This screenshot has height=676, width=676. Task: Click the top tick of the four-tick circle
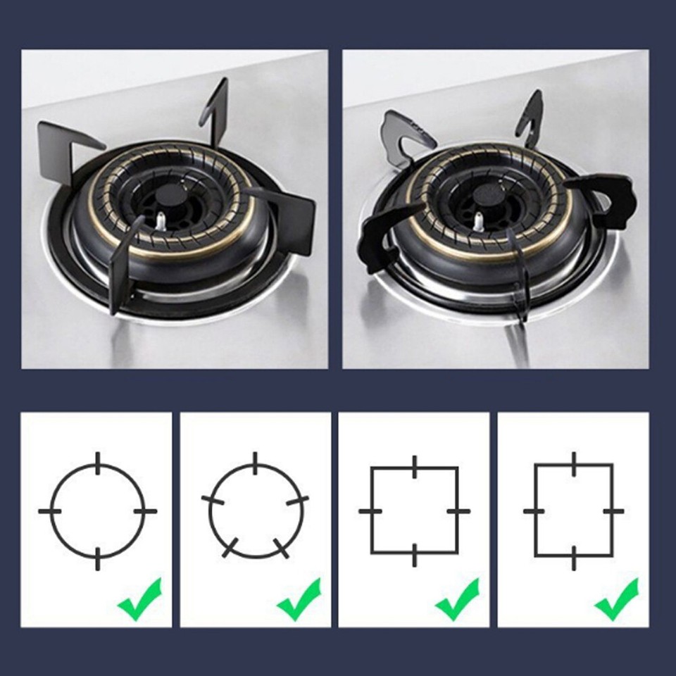(x=97, y=463)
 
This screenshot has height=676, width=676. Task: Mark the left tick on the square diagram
(x=370, y=510)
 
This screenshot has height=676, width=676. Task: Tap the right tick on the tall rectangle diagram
(x=613, y=510)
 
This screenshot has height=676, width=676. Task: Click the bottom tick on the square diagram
(x=415, y=555)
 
